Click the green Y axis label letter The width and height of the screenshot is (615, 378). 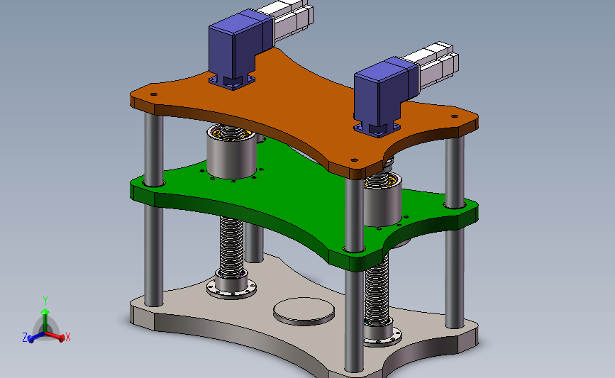coord(45,301)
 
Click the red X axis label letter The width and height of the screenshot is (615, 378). coord(68,337)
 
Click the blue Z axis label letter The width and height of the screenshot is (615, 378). coord(25,338)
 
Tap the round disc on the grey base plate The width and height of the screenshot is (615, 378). coord(304,311)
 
